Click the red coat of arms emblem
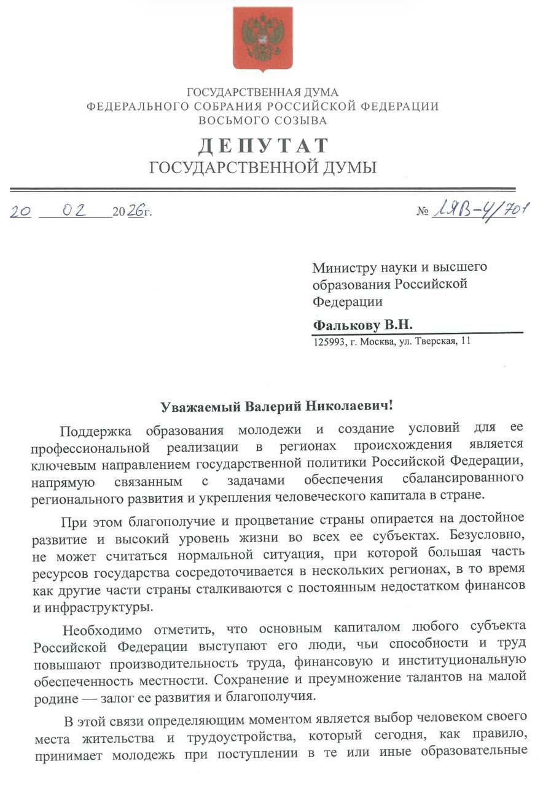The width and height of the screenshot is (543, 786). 262,38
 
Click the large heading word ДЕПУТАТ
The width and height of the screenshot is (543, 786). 262,146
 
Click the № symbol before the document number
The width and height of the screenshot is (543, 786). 422,212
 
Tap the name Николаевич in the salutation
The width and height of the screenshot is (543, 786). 345,407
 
